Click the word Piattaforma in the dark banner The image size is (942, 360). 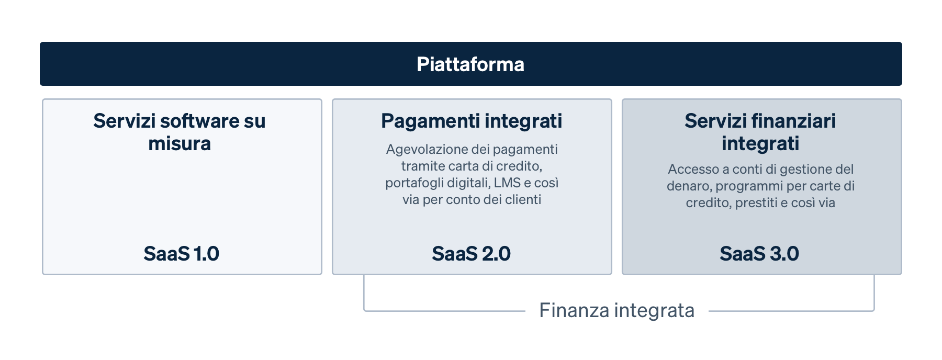tap(470, 64)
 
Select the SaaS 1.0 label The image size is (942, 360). tap(181, 254)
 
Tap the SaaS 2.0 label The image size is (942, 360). tap(471, 254)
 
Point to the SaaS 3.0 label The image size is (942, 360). tap(759, 254)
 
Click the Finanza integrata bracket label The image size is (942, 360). tap(616, 310)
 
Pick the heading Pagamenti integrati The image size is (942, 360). tap(472, 121)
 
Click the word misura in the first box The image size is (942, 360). tap(180, 143)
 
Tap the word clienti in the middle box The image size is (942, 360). tap(522, 200)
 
